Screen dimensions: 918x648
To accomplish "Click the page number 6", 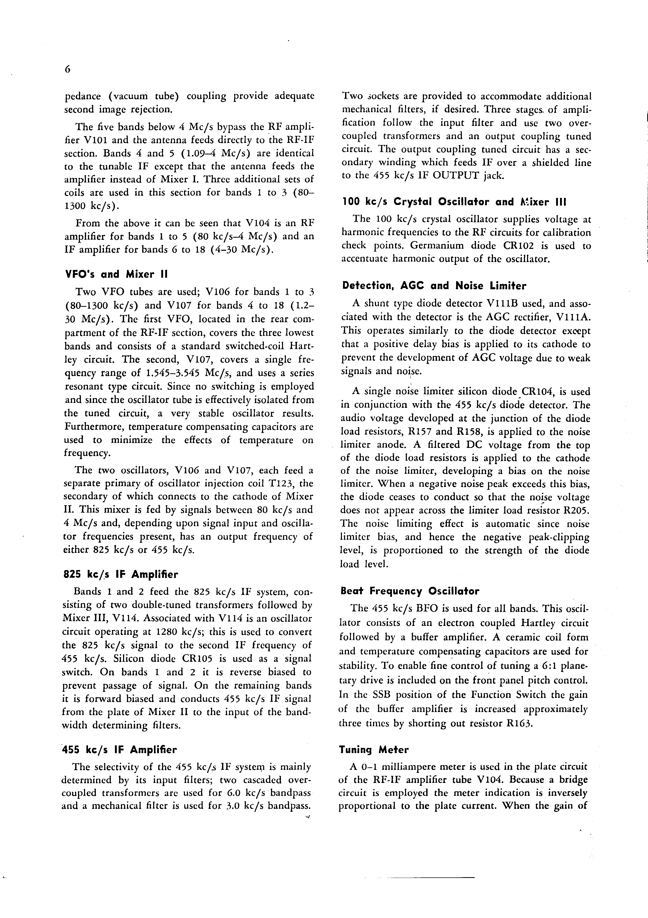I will [x=67, y=69].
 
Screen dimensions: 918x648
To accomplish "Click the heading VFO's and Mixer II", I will [x=116, y=274].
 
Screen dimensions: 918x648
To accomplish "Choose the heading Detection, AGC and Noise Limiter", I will [x=434, y=286].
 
